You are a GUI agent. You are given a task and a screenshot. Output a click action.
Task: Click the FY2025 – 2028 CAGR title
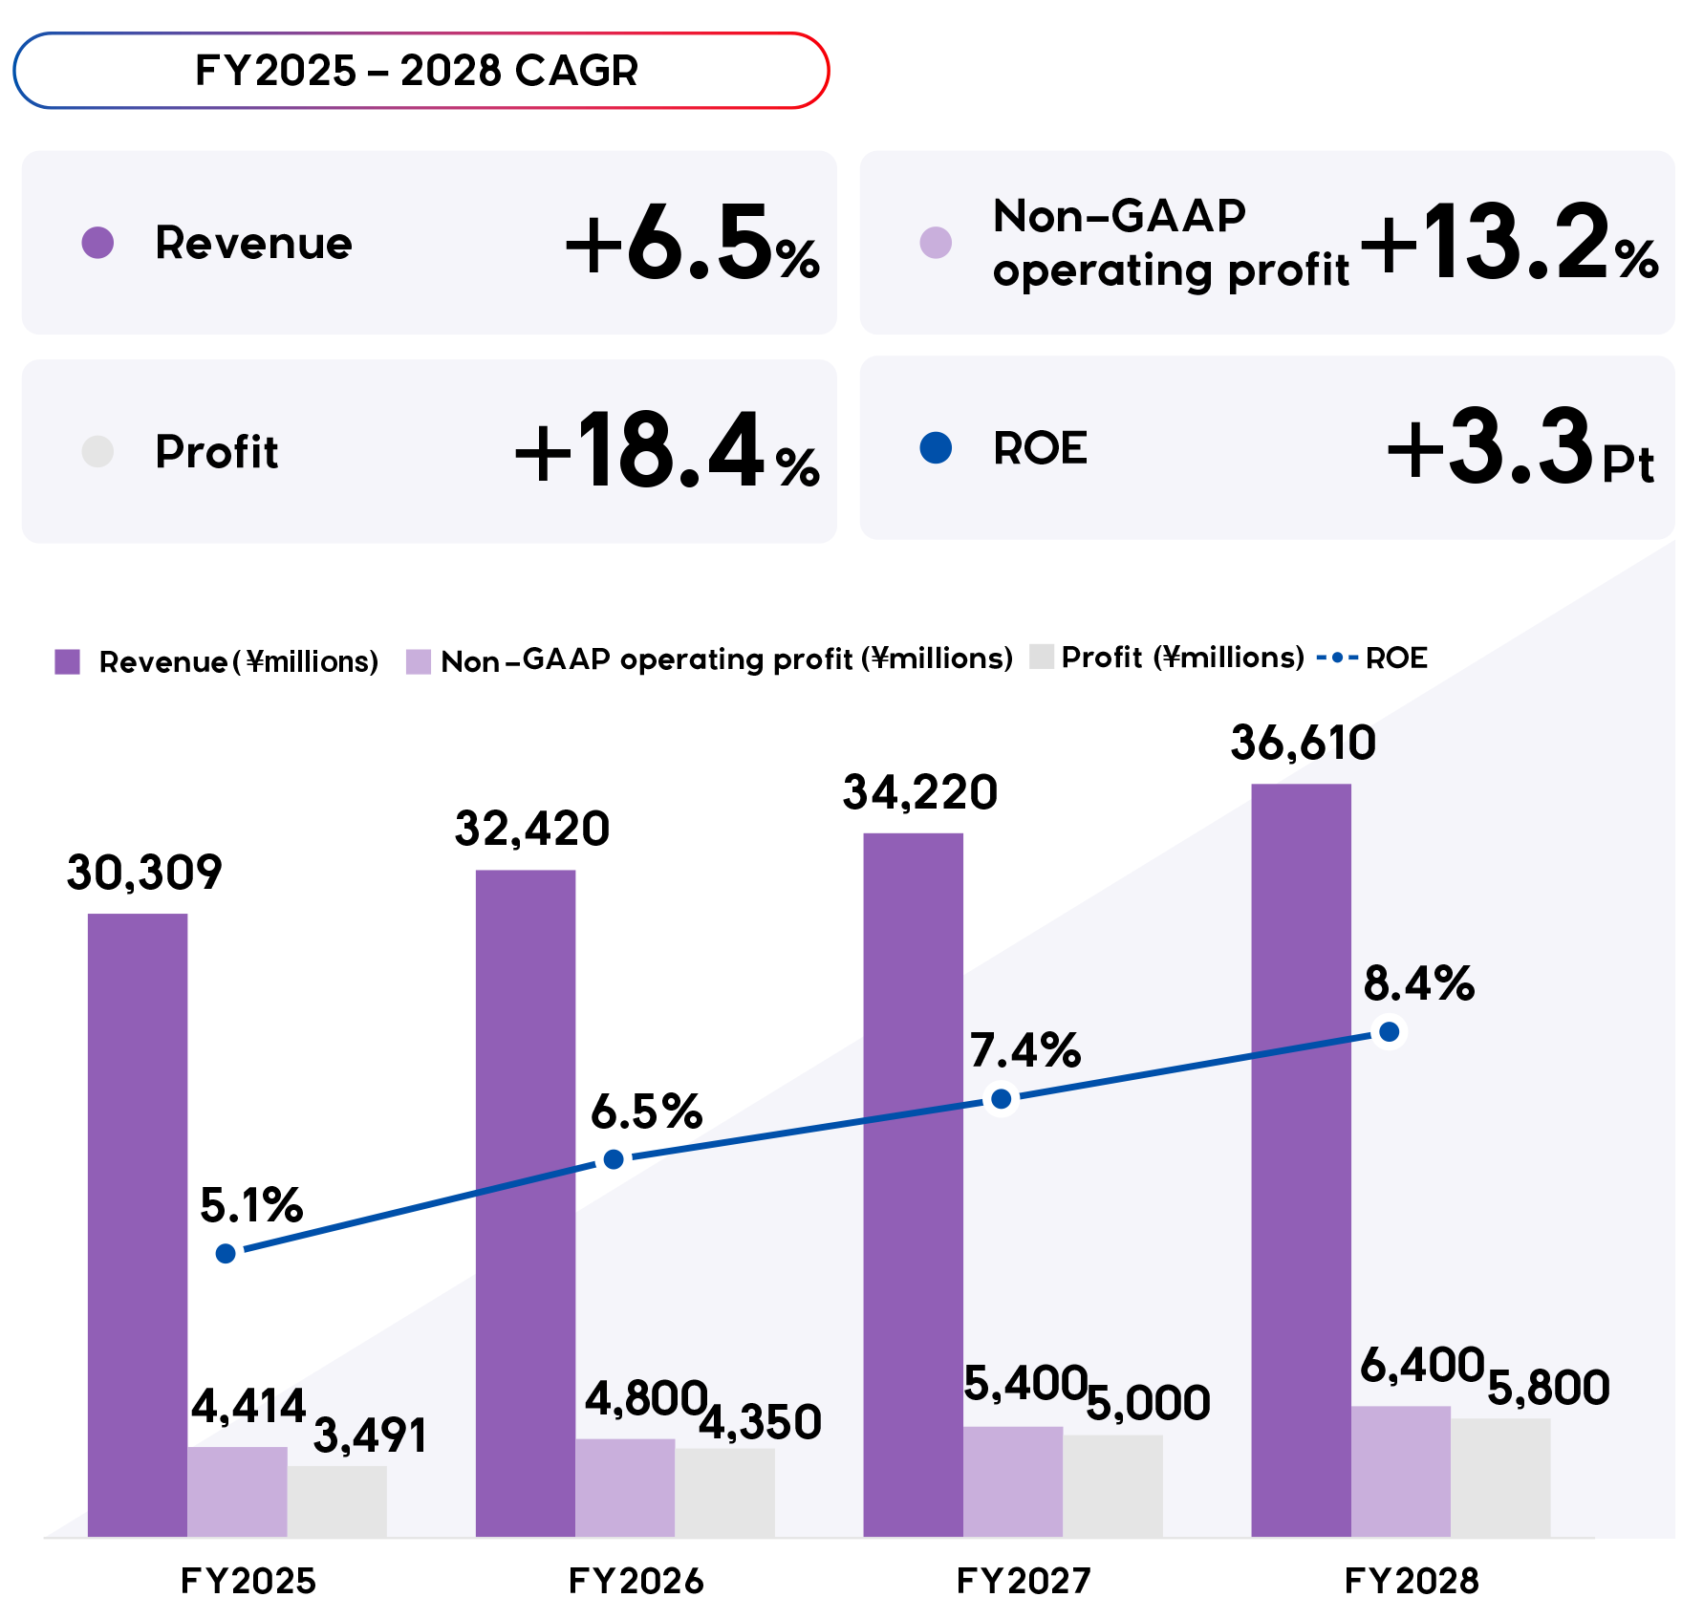(x=417, y=71)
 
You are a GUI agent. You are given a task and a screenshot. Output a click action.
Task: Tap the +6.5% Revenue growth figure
(x=692, y=244)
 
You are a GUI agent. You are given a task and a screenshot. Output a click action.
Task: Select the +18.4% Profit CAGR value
(x=667, y=451)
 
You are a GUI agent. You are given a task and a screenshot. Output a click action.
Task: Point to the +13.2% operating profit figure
(x=1508, y=244)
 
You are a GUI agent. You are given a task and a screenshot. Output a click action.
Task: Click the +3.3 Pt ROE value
(x=1520, y=447)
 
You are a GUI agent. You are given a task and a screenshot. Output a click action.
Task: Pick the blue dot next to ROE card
(x=936, y=447)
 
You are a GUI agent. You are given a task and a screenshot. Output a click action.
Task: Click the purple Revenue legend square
(x=68, y=661)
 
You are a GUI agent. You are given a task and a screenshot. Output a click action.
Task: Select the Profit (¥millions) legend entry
(x=1182, y=658)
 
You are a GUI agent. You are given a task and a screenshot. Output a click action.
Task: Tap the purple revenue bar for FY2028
(x=1301, y=1147)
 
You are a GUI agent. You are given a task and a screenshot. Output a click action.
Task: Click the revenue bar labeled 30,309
(x=138, y=1223)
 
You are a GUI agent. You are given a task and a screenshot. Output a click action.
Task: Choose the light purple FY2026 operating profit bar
(x=625, y=1487)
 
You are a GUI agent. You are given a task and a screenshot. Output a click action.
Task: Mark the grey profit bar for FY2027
(x=1112, y=1485)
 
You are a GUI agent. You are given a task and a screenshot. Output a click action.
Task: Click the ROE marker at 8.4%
(x=1390, y=1032)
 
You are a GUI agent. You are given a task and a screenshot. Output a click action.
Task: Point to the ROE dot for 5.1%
(x=226, y=1253)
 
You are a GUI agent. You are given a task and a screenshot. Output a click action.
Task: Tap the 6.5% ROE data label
(x=646, y=1112)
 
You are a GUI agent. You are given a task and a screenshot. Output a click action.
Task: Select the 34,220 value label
(x=919, y=793)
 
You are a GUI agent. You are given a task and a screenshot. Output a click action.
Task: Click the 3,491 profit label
(x=370, y=1436)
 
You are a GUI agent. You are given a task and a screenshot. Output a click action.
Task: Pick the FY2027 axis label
(x=1023, y=1582)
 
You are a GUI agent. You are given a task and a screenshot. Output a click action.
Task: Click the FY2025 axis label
(x=248, y=1582)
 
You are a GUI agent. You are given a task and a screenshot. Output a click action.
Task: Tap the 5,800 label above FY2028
(x=1548, y=1388)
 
